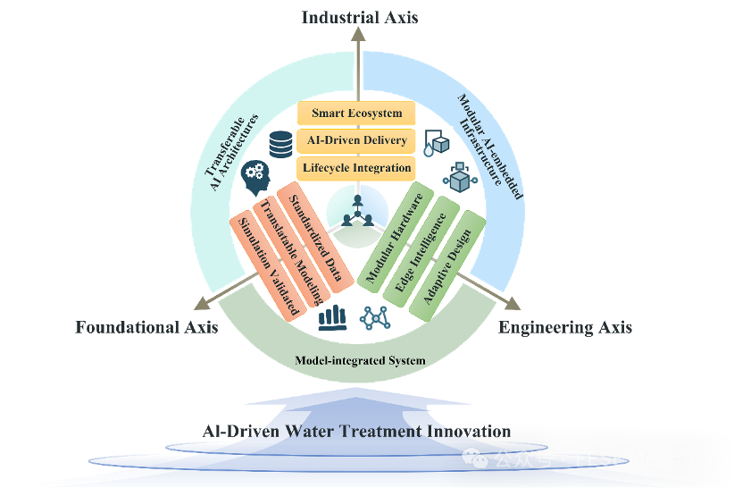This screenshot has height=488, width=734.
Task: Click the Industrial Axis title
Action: (x=359, y=17)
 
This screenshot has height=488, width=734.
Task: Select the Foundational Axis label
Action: (x=146, y=327)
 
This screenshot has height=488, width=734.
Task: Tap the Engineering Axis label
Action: (x=565, y=327)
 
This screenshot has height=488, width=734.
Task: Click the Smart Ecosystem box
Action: (x=356, y=114)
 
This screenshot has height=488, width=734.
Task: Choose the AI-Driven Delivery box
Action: (x=355, y=140)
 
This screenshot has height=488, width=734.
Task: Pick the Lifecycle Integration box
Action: (x=356, y=168)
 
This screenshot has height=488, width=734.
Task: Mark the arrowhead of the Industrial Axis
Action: (x=358, y=34)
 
